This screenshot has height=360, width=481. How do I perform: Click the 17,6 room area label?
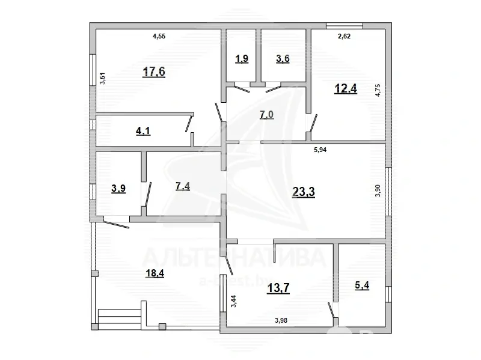(153, 72)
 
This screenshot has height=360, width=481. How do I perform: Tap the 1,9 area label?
(241, 58)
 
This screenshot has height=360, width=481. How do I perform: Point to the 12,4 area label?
(345, 89)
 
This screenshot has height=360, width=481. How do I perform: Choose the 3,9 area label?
(118, 189)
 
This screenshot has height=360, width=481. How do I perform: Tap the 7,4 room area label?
(183, 186)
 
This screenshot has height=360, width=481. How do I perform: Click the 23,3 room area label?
(304, 192)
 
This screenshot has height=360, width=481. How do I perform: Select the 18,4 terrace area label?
(138, 273)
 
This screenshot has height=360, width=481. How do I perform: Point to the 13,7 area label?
(278, 288)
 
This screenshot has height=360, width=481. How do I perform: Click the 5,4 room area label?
(363, 286)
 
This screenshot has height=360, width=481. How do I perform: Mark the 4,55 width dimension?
(159, 37)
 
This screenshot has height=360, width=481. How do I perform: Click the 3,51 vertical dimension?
(102, 78)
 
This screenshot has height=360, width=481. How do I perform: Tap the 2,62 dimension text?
(345, 37)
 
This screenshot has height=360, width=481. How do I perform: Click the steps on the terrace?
(120, 316)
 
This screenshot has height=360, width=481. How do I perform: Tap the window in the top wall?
(345, 25)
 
